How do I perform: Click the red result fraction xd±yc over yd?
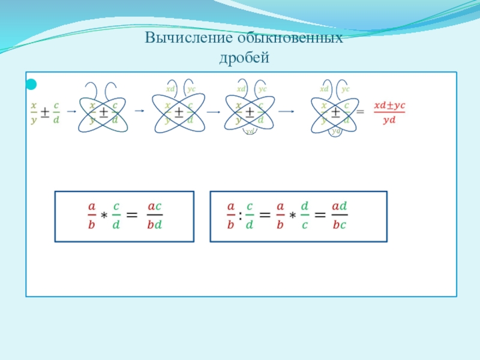(x=389, y=112)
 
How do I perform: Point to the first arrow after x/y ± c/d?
(x=70, y=112)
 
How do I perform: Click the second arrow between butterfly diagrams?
(x=139, y=111)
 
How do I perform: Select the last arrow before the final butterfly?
(x=286, y=111)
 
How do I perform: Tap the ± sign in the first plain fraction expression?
(x=45, y=112)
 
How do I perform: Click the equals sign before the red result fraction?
(x=360, y=112)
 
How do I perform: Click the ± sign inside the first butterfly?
(x=103, y=112)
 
